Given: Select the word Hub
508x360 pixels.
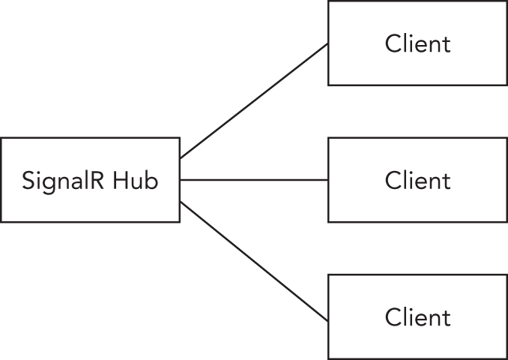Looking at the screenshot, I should [x=136, y=181].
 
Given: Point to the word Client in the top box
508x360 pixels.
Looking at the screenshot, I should [x=418, y=43].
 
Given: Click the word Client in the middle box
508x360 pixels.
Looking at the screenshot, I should [x=418, y=180].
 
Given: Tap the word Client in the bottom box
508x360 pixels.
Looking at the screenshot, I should [x=418, y=317].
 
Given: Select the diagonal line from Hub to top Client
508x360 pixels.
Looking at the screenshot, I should [x=254, y=101].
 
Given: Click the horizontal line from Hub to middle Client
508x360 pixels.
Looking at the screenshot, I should [x=254, y=180].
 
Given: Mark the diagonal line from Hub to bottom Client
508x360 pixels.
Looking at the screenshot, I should [x=254, y=261].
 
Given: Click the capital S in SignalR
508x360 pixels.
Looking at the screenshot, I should [x=28, y=181].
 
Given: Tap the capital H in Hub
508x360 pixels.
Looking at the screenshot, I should [x=121, y=181].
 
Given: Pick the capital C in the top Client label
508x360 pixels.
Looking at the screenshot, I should [x=393, y=43].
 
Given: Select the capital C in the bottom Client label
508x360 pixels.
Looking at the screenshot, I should [x=393, y=317].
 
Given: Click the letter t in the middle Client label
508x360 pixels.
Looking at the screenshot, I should [x=447, y=181].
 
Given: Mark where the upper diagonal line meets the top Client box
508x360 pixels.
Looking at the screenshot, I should [x=328, y=43].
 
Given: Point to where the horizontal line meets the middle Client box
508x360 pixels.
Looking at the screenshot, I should [x=328, y=180].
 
